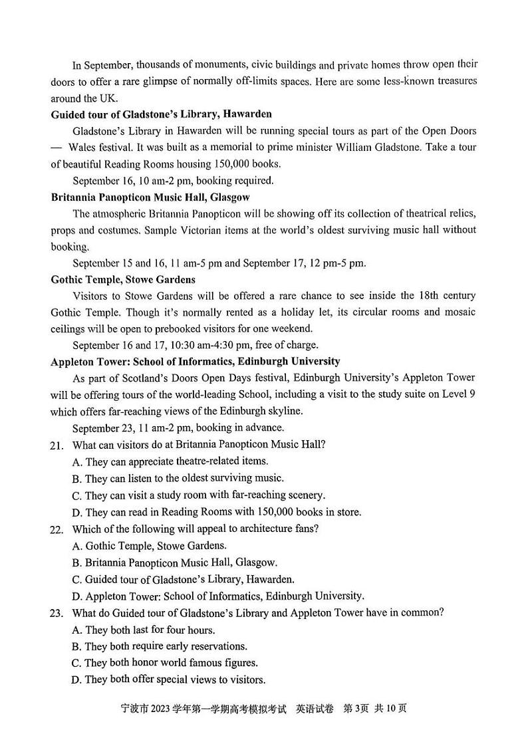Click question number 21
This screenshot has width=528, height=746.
pos(57,445)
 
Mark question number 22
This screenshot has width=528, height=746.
pos(57,529)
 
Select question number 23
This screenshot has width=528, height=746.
pos(57,612)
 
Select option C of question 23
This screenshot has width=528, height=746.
pos(164,662)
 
